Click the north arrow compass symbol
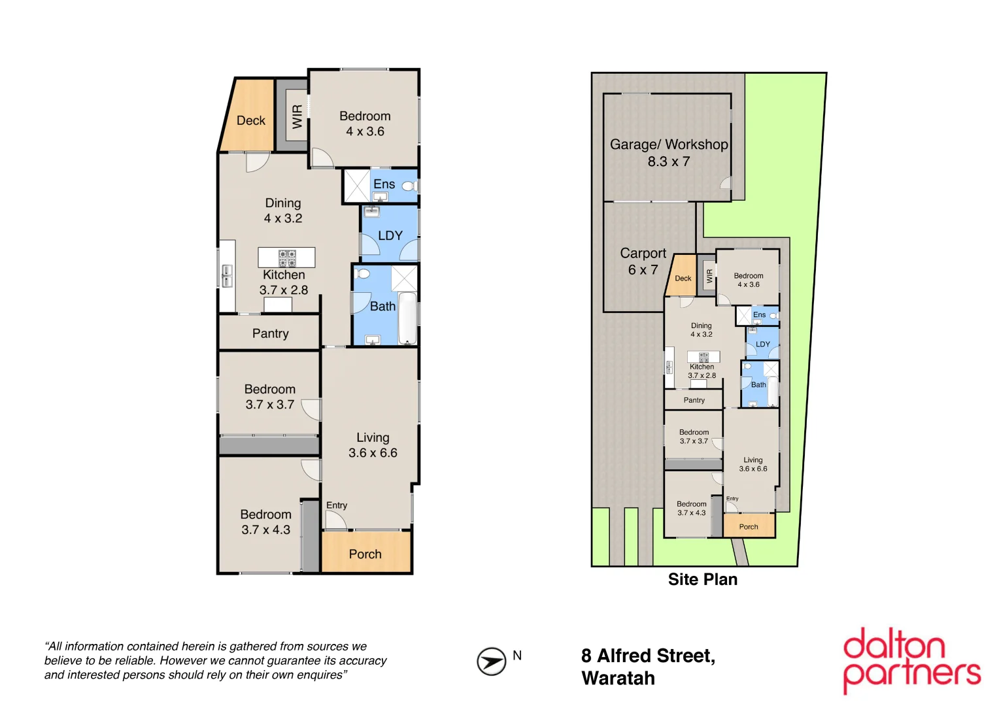(491, 661)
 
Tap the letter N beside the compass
(517, 656)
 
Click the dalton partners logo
(911, 660)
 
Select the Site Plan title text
(702, 580)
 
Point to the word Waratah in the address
(618, 679)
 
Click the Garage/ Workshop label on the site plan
(668, 144)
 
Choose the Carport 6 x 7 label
(643, 261)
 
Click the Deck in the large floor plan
(250, 120)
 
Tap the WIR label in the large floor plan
(297, 116)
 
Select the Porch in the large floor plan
(365, 554)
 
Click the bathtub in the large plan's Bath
(407, 318)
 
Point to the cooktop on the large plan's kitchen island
(287, 258)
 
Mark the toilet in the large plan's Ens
(409, 186)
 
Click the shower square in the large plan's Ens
(357, 186)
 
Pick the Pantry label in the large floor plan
(270, 333)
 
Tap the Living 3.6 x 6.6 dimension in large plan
(373, 453)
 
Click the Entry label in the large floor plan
(337, 505)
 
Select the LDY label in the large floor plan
(390, 235)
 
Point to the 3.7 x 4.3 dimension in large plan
(265, 530)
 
